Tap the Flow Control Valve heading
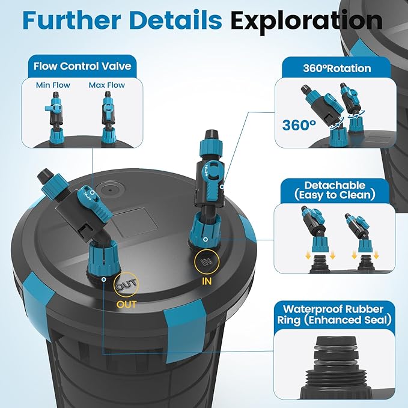[x=82, y=66]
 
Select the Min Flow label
[x=53, y=85]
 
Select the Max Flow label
[x=107, y=85]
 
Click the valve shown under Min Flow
[x=55, y=118]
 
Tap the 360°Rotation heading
[x=337, y=69]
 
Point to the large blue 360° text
[x=299, y=125]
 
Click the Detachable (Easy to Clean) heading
[x=335, y=190]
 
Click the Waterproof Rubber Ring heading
[x=334, y=315]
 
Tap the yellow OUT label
[x=126, y=304]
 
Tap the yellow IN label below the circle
[x=207, y=281]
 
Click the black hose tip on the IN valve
[x=212, y=135]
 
